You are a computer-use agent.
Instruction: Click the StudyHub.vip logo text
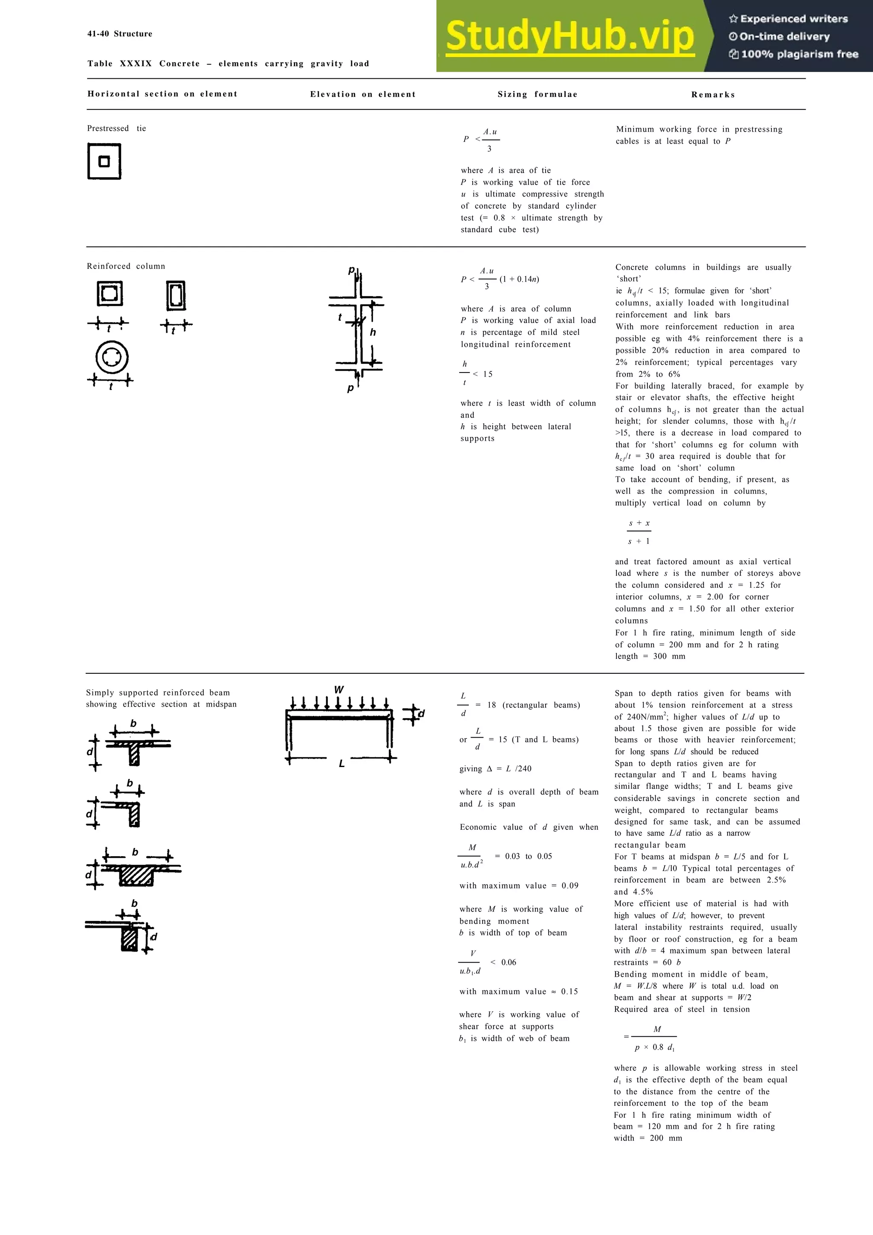click(x=569, y=37)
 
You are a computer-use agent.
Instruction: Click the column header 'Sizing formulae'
click(x=538, y=95)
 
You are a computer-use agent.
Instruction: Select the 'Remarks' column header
click(x=713, y=95)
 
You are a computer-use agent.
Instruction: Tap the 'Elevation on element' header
click(x=362, y=95)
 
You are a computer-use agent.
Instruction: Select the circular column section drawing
click(x=112, y=358)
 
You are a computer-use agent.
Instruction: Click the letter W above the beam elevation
click(x=339, y=690)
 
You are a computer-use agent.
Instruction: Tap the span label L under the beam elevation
click(x=341, y=764)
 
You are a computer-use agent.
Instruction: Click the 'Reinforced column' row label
click(x=126, y=266)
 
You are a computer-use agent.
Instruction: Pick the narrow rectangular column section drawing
click(x=176, y=295)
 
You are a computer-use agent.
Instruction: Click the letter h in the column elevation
click(x=373, y=332)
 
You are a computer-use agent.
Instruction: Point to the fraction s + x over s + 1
click(x=639, y=532)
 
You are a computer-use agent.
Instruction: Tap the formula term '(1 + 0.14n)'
click(x=519, y=279)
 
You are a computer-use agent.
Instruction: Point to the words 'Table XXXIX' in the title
click(x=119, y=64)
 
